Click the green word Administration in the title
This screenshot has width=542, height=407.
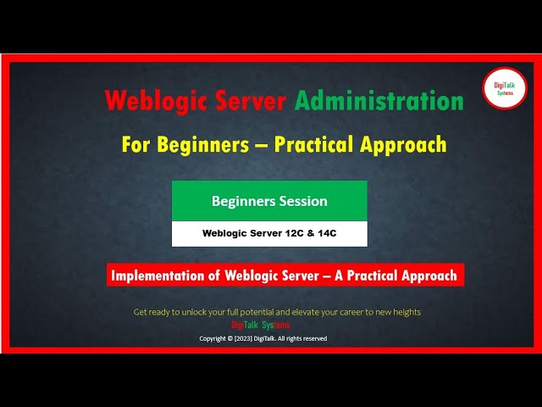tap(379, 101)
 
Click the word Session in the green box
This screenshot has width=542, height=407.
tap(303, 201)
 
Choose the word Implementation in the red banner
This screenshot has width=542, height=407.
tap(162, 275)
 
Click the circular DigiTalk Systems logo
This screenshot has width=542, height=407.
tap(504, 88)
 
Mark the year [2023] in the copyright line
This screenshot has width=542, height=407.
tap(242, 338)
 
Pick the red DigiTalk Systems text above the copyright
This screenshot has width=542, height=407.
tap(261, 325)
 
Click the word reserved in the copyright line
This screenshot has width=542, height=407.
tap(314, 338)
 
